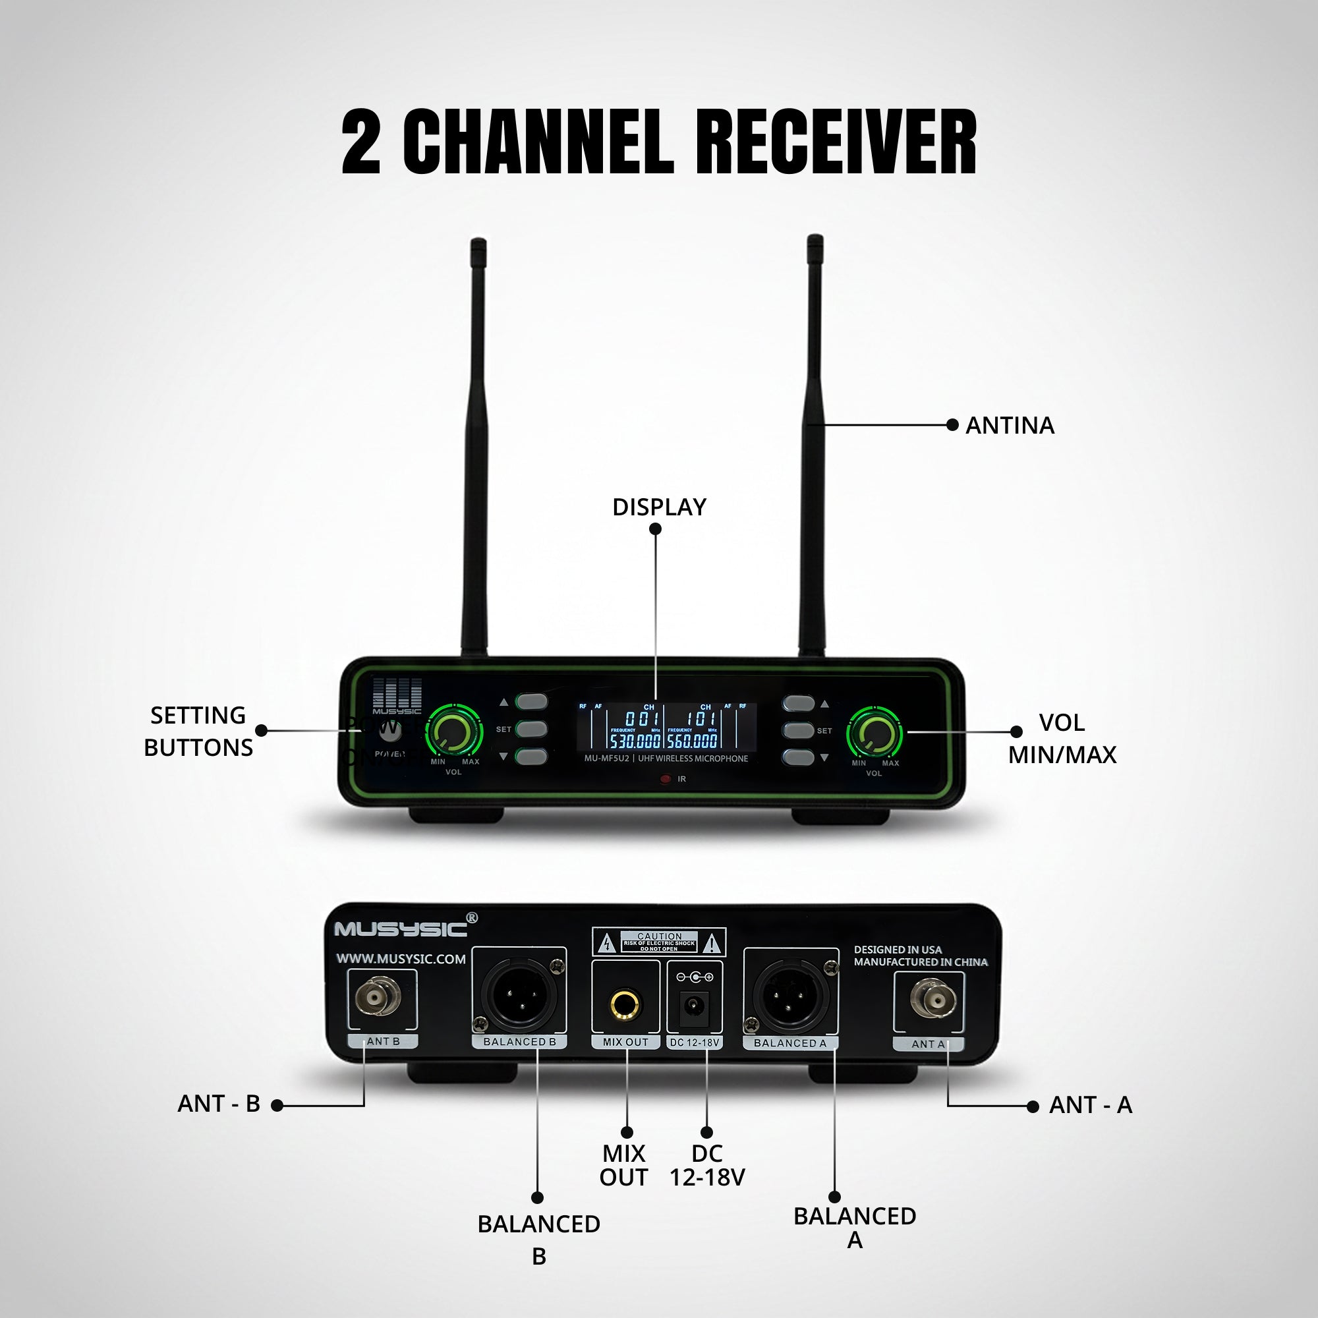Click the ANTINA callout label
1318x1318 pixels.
(x=1010, y=426)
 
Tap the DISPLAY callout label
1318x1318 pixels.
(x=659, y=507)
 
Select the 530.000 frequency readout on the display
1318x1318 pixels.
(x=635, y=741)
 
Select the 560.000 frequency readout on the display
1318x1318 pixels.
(x=693, y=741)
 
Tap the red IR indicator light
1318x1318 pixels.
(x=666, y=779)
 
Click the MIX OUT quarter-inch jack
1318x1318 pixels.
(x=625, y=1004)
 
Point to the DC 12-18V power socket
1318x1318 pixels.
(x=695, y=1006)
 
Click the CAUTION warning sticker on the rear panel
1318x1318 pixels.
(x=659, y=942)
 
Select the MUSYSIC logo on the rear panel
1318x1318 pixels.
(x=401, y=929)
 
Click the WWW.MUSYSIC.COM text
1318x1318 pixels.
(x=401, y=959)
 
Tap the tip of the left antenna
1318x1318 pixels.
(x=478, y=242)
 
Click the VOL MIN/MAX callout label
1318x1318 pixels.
(x=1062, y=739)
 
